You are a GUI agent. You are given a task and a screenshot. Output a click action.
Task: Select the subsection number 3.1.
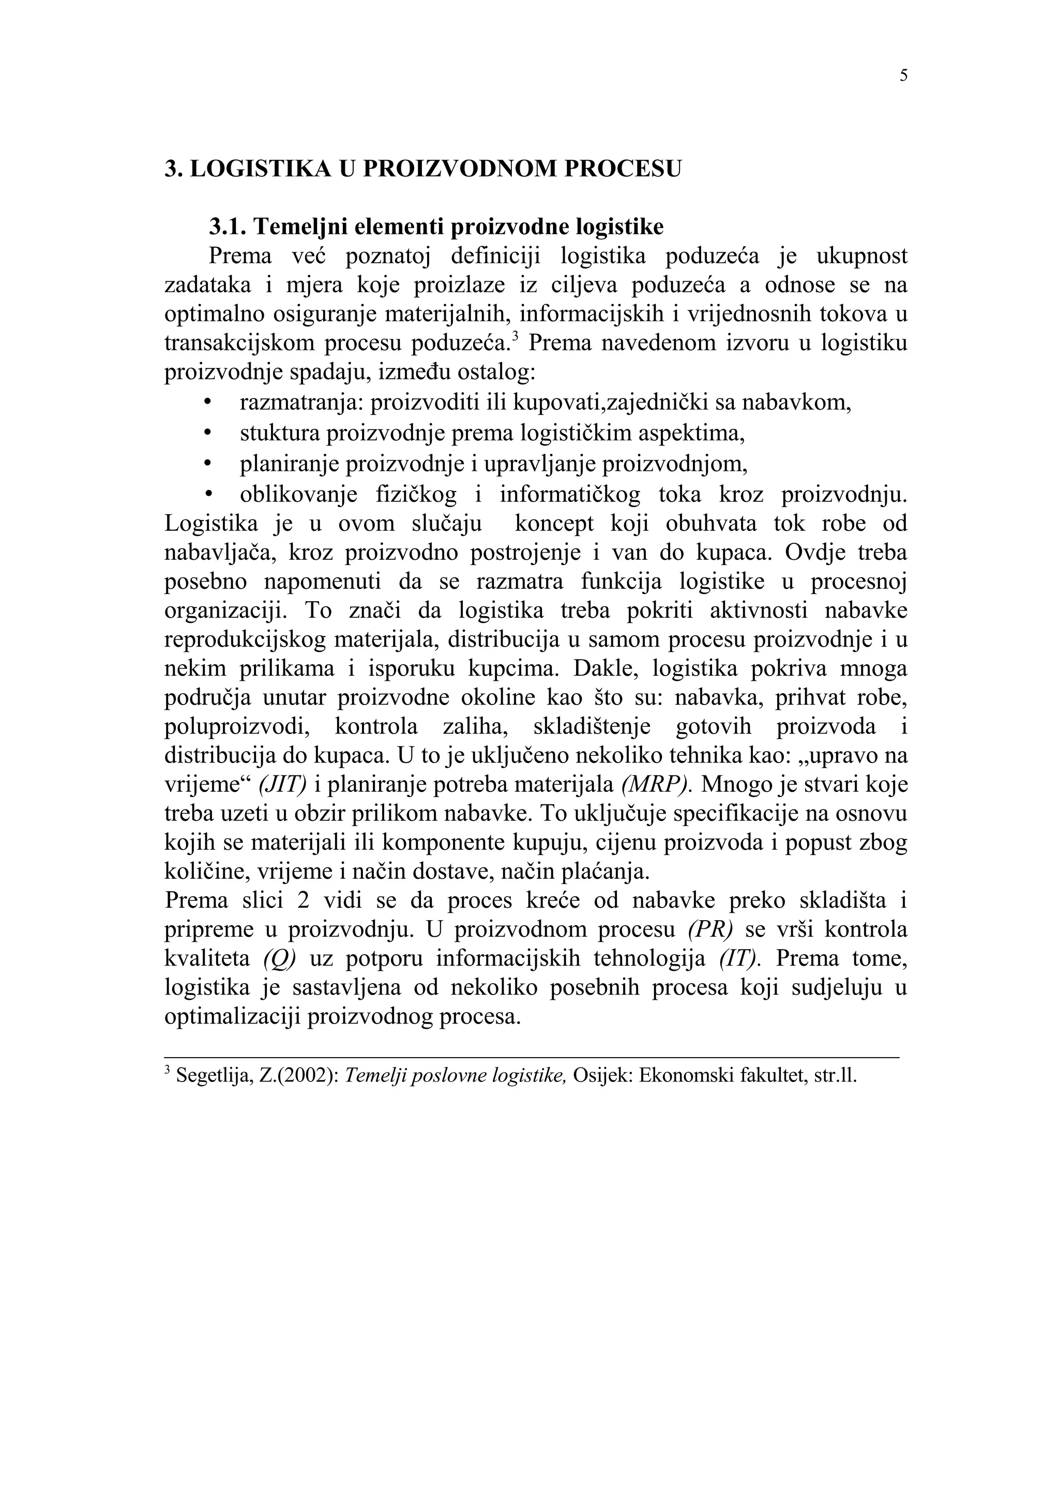tap(228, 226)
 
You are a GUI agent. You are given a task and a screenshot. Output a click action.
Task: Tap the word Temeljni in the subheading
tap(294, 226)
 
